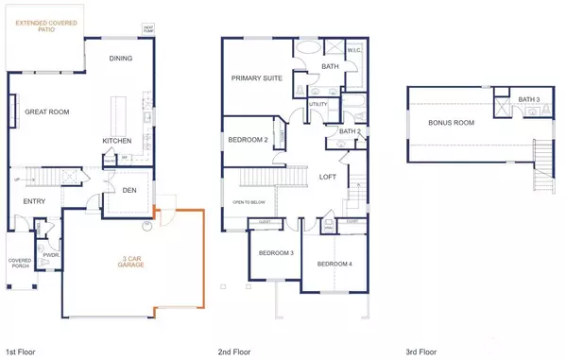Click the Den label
coord(131,189)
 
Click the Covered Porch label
coord(19,263)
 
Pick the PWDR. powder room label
coord(50,254)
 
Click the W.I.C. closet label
coord(355,51)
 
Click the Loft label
coord(328,177)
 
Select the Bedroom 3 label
coord(277,253)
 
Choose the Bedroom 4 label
coord(334,264)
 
